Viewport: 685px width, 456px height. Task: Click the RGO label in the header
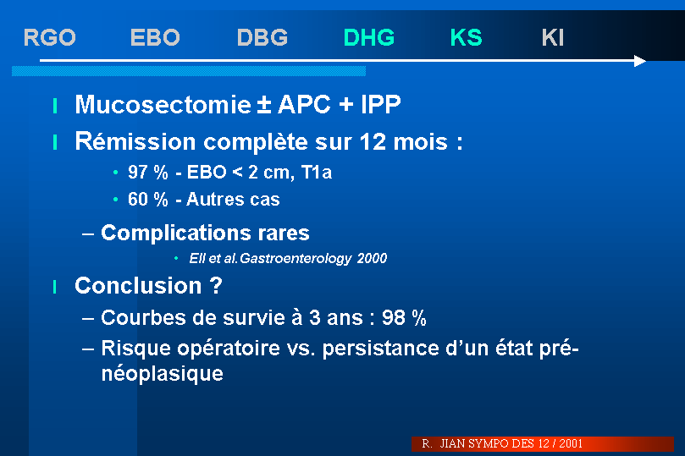coord(49,37)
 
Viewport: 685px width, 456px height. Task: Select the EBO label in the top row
coord(155,37)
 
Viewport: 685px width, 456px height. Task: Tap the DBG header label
coord(262,37)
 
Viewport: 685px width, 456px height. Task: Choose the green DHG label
coord(368,37)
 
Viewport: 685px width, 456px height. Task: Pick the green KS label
coord(467,37)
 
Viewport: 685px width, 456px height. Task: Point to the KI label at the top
coord(553,37)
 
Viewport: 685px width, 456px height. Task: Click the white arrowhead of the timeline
coord(640,61)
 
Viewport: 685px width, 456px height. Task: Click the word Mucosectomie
coord(163,104)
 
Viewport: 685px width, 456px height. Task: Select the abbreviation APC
coord(304,104)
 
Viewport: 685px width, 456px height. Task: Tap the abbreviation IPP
coord(380,104)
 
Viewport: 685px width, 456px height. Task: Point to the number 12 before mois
coord(373,142)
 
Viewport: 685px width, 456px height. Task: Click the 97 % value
coord(147,173)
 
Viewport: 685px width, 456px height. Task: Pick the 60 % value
coord(147,200)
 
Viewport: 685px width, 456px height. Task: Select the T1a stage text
coord(317,173)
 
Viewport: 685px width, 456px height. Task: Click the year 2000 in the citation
coord(372,258)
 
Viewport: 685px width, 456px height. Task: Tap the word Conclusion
coord(138,286)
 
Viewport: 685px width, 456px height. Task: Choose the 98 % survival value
coord(404,317)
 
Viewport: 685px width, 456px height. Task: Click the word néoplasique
coord(162,374)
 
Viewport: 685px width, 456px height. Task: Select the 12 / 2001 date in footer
coord(560,444)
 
